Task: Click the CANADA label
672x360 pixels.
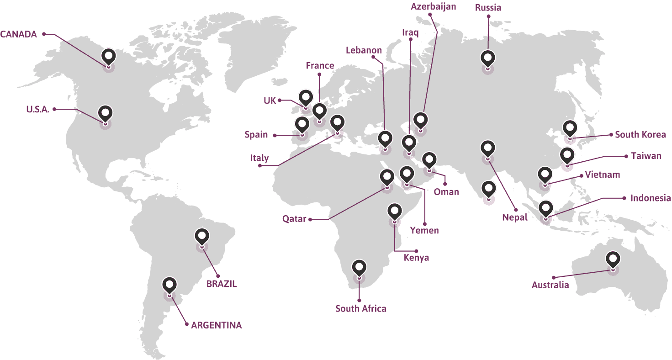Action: coord(19,34)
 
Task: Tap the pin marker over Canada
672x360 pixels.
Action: coord(108,57)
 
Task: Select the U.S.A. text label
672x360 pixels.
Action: coord(37,109)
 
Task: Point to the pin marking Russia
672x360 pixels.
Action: coord(488,58)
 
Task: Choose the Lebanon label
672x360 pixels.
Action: coord(364,50)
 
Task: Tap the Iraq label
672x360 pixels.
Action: coord(410,32)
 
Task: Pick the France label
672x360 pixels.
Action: coord(320,66)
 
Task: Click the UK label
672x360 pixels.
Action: coord(270,100)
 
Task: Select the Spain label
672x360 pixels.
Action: coord(256,135)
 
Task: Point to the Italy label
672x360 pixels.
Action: coord(259,158)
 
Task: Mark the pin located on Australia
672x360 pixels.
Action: coord(613,259)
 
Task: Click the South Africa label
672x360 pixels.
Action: coord(361,309)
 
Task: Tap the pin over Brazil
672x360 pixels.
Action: coord(202,237)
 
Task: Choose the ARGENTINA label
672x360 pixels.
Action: coord(217,325)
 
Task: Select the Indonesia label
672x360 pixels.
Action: coord(651,198)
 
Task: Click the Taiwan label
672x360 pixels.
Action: coord(646,156)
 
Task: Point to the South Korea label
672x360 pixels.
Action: coord(640,135)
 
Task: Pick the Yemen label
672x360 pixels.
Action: coord(424,230)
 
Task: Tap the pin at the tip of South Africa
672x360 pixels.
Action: coord(360,267)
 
